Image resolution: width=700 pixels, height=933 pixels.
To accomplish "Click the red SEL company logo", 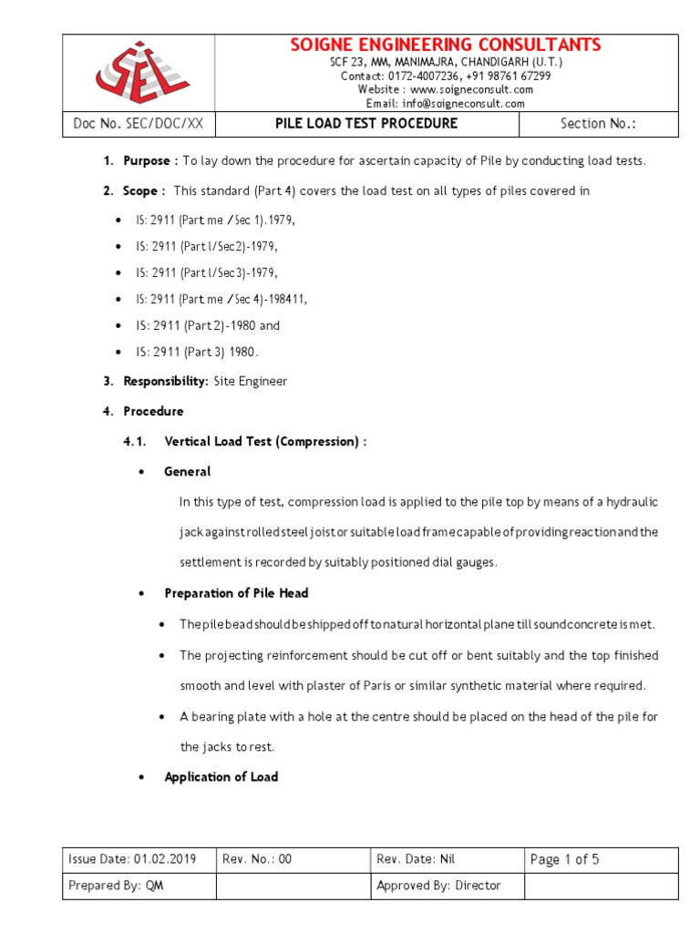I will pyautogui.click(x=139, y=72).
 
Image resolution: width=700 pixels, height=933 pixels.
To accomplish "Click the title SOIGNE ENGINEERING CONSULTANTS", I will pyautogui.click(x=446, y=45).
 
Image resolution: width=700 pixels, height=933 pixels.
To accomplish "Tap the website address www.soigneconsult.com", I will pyautogui.click(x=471, y=89).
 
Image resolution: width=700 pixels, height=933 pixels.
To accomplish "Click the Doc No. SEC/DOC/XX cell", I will pyautogui.click(x=138, y=124).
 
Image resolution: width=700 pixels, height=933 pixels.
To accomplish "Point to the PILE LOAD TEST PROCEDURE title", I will pyautogui.click(x=366, y=124).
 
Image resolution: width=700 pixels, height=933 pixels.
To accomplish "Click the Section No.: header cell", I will pyautogui.click(x=598, y=124).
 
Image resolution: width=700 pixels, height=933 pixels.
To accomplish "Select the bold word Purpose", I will pyautogui.click(x=147, y=161).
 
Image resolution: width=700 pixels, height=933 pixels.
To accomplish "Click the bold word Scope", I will pyautogui.click(x=141, y=191).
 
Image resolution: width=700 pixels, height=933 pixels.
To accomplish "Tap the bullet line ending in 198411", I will pyautogui.click(x=221, y=299).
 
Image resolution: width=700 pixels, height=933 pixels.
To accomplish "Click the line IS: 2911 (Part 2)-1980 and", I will pyautogui.click(x=208, y=325).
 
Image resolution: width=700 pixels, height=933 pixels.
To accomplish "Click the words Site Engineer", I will pyautogui.click(x=251, y=382).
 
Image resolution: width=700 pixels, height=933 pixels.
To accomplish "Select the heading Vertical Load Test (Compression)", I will pyautogui.click(x=264, y=442).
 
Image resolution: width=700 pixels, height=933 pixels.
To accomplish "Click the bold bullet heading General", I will pyautogui.click(x=187, y=472).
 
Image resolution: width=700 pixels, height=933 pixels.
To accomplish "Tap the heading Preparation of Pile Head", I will pyautogui.click(x=236, y=593).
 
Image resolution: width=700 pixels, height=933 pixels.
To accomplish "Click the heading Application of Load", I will pyautogui.click(x=221, y=777).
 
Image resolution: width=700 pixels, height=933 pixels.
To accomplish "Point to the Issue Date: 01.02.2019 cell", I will pyautogui.click(x=139, y=859).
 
